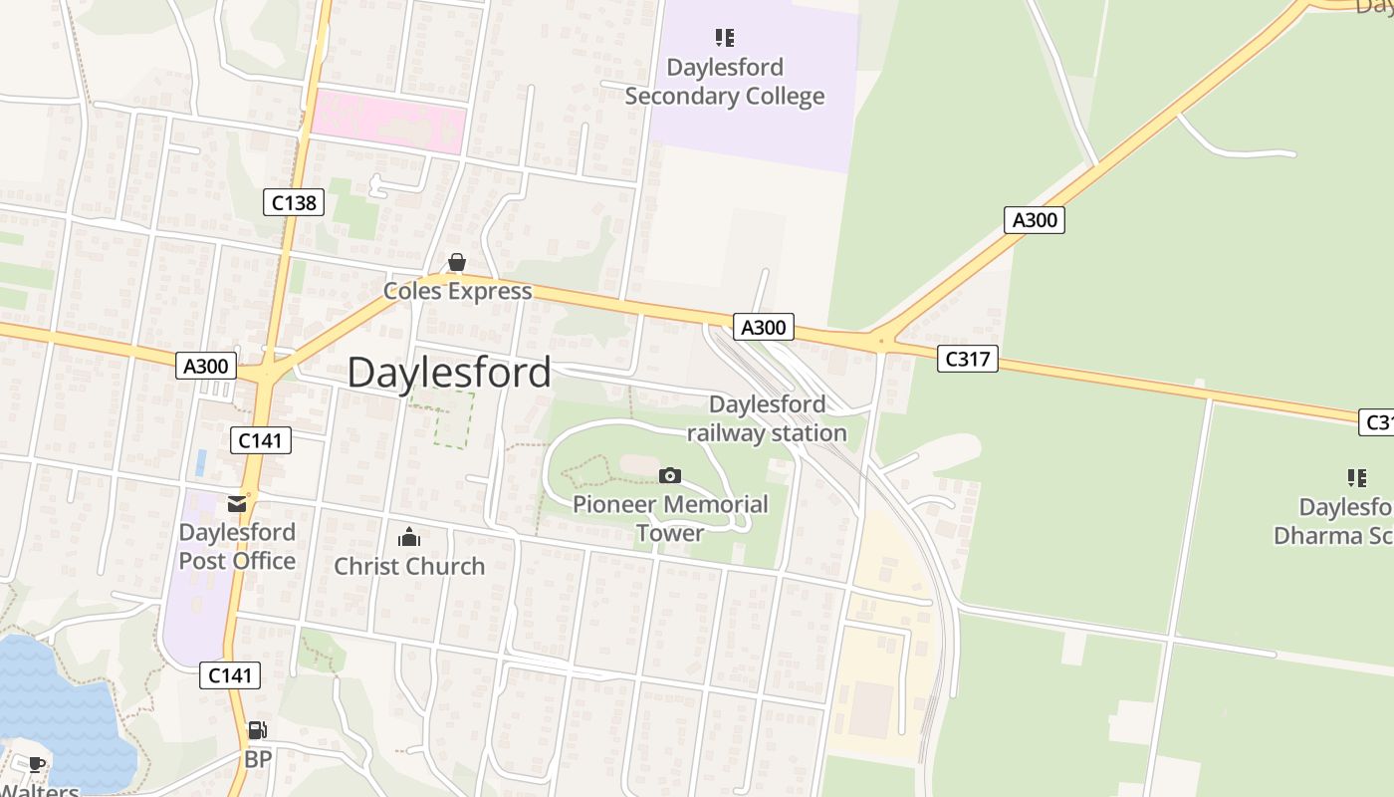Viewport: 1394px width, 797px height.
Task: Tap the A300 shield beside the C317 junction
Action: coord(764,326)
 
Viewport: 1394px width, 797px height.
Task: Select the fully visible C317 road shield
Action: coord(967,359)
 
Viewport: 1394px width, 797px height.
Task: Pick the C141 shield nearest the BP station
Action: coord(230,675)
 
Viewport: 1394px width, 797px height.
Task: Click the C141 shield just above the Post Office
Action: coord(261,439)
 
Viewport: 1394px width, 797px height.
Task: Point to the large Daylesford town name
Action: coord(449,373)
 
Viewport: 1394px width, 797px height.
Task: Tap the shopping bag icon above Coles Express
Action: coord(457,262)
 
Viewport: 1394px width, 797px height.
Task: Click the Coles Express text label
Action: coord(458,291)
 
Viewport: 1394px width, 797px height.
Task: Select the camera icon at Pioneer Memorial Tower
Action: coord(670,475)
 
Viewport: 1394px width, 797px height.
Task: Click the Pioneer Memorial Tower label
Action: coord(670,518)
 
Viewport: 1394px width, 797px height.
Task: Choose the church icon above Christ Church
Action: coord(409,538)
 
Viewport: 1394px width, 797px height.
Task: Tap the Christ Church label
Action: coord(409,566)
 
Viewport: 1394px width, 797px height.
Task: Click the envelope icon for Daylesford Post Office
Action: coord(237,504)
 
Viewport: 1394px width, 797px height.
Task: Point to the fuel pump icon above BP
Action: coord(257,730)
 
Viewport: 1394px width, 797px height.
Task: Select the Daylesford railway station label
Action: coord(767,418)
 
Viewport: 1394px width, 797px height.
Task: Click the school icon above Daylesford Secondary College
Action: coord(725,38)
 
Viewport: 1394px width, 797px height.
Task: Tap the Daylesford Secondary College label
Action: coord(725,82)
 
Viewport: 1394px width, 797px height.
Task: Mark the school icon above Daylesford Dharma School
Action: coord(1356,478)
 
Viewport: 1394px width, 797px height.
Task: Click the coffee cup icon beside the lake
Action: coord(37,764)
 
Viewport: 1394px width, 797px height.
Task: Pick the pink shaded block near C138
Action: coord(388,123)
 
